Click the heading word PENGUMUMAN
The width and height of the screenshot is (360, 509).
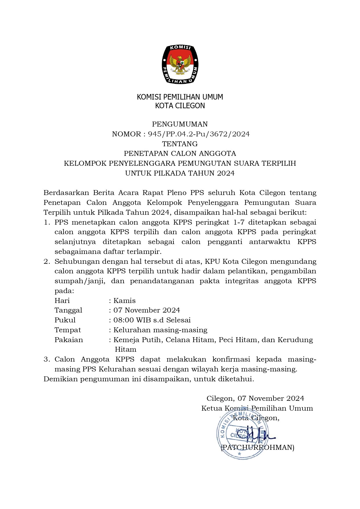coord(180,124)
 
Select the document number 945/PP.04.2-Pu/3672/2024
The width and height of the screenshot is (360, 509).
coord(199,134)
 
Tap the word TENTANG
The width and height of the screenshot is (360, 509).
coord(180,144)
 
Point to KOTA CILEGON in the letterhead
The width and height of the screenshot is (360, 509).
coord(180,106)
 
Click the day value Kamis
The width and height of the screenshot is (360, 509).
coord(124,301)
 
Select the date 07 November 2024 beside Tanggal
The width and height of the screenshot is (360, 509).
coord(146,310)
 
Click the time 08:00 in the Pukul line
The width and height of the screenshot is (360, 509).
coord(123,320)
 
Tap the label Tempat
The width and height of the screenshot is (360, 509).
coord(68,330)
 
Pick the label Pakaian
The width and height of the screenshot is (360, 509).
coord(69,340)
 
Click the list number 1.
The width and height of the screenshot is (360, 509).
coord(46,223)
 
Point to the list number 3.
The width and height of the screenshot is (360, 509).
coord(46,359)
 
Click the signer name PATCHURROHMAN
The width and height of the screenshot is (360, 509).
coord(258,447)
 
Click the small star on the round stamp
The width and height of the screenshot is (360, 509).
coord(239,454)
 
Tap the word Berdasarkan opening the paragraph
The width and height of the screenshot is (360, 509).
coord(66,193)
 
